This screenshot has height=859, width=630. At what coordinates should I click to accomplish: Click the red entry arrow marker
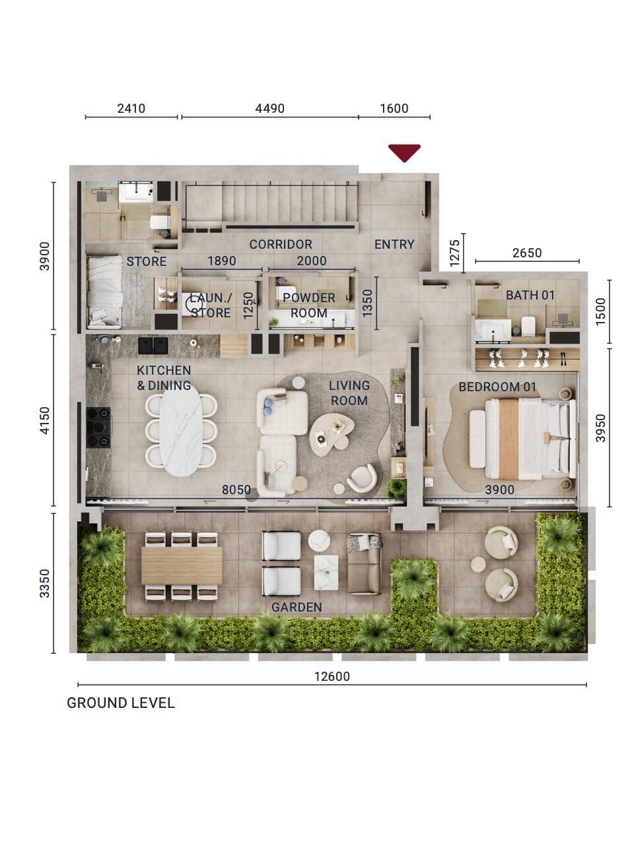404,152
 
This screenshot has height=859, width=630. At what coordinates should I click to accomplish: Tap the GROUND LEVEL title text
120,703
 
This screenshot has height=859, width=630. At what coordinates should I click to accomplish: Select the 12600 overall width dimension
332,676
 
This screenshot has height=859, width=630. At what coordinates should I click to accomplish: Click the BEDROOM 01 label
497,387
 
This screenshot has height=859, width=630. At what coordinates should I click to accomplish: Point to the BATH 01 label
530,295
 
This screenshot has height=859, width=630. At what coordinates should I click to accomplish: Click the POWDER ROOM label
309,305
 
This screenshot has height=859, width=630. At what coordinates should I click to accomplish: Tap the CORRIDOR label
281,244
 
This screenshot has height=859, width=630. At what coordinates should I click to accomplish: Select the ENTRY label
394,244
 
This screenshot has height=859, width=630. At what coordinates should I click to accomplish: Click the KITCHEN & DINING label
164,378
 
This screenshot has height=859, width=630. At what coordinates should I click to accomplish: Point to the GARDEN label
297,607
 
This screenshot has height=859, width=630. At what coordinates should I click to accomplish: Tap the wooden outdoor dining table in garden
182,565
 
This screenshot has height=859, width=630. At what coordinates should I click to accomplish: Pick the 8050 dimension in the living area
236,490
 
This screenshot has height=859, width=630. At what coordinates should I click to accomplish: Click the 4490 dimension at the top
269,109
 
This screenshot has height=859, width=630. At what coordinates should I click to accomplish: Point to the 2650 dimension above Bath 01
526,253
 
